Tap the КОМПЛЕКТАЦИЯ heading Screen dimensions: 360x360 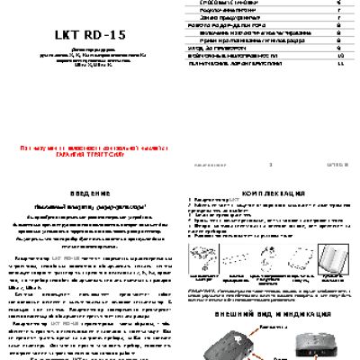(x=270, y=194)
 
